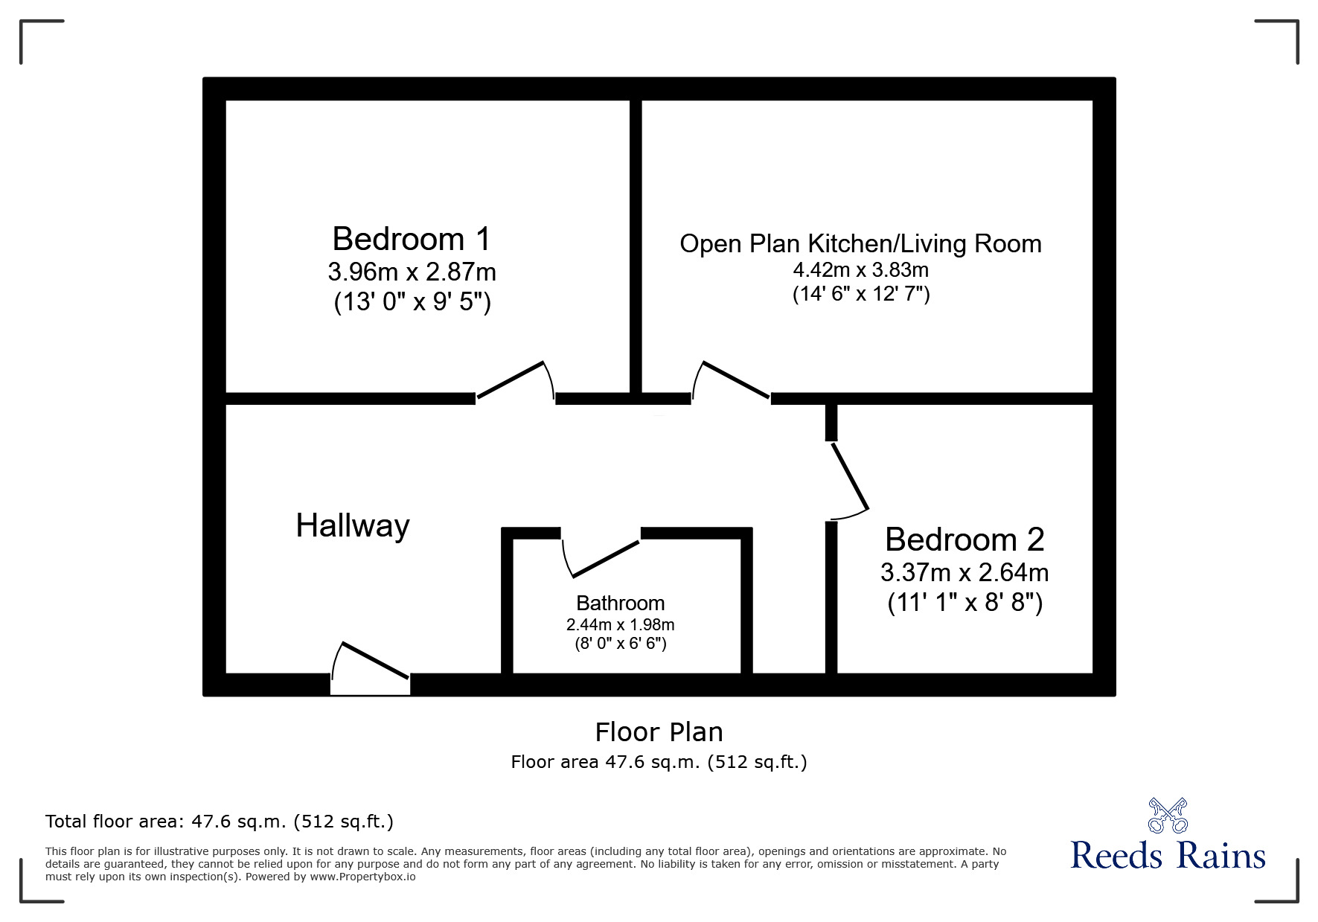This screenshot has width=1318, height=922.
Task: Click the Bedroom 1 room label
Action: point(412,239)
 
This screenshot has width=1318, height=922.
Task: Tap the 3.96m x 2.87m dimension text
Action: point(412,272)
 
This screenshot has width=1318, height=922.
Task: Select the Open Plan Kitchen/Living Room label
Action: point(860,244)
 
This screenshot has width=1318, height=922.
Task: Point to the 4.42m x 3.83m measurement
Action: point(860,269)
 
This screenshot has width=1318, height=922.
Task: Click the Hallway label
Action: point(353,526)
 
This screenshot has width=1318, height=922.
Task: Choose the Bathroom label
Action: point(620,603)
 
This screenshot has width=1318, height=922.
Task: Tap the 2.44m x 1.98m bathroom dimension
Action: point(620,625)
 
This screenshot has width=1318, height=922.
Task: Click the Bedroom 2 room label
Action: point(964,540)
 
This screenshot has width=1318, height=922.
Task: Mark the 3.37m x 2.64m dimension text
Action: point(964,572)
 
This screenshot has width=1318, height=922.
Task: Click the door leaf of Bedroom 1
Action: point(511,380)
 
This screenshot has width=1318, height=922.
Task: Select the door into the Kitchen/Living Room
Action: point(736,380)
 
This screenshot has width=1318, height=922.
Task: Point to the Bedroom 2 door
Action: point(850,476)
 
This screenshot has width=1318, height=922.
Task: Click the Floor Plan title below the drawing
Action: point(659,732)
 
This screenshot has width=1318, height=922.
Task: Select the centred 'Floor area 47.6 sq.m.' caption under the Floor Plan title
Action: point(659,762)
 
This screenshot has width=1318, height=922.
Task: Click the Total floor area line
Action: point(220,822)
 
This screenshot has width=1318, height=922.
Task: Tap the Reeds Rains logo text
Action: point(1168,856)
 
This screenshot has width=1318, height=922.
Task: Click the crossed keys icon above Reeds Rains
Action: point(1168,815)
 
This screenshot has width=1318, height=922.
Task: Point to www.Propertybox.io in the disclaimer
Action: point(363,877)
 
